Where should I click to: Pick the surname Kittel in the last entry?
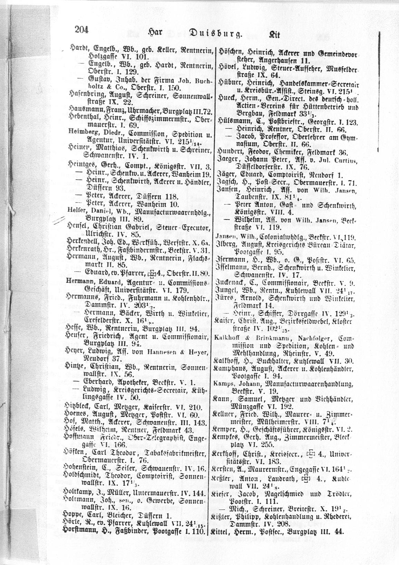224,522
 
